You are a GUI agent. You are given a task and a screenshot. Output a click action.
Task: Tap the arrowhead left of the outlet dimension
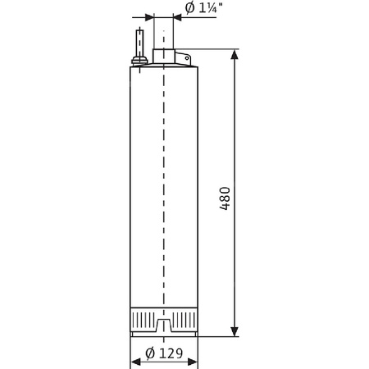click(148, 17)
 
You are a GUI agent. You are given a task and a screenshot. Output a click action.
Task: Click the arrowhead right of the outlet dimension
click(178, 17)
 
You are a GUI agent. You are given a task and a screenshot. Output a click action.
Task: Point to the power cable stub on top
click(140, 41)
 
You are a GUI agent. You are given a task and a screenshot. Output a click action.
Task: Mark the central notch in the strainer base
click(164, 327)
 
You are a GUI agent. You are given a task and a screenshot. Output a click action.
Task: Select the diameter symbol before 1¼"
click(189, 9)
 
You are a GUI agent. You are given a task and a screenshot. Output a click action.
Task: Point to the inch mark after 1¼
click(220, 6)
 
